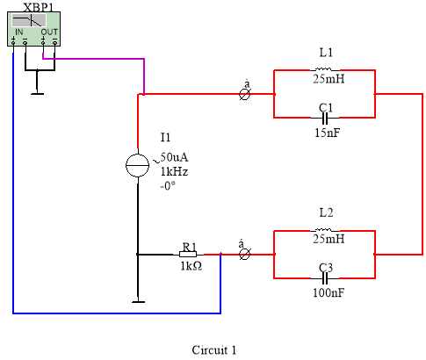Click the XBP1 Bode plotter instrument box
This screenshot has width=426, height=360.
click(33, 29)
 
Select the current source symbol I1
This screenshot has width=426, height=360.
click(137, 165)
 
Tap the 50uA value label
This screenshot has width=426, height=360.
click(174, 157)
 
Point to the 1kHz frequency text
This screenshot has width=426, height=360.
click(174, 171)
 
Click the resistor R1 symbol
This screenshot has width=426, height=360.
click(188, 255)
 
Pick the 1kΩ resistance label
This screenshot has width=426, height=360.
click(191, 266)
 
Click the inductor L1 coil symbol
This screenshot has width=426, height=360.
click(323, 69)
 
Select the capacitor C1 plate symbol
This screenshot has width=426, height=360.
click(325, 118)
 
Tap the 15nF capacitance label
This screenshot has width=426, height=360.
click(328, 133)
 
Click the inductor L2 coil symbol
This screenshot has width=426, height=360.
click(323, 230)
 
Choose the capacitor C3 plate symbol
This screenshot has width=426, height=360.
click(325, 278)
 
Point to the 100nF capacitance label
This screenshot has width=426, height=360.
click(329, 292)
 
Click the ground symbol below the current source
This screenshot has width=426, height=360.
click(138, 301)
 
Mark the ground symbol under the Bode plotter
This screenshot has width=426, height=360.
click(38, 93)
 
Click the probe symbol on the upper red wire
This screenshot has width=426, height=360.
click(245, 94)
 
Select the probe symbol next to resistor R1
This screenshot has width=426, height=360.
click(245, 255)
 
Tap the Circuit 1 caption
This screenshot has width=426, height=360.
click(214, 350)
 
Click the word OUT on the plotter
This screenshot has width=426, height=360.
click(49, 32)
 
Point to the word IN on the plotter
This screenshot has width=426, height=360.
click(19, 32)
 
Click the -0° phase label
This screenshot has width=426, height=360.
click(168, 186)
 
